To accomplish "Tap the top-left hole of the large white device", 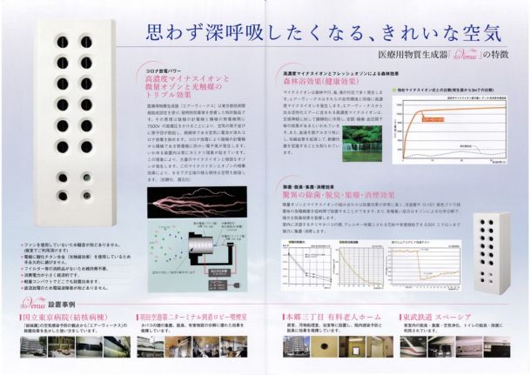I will click(x=63, y=42).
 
